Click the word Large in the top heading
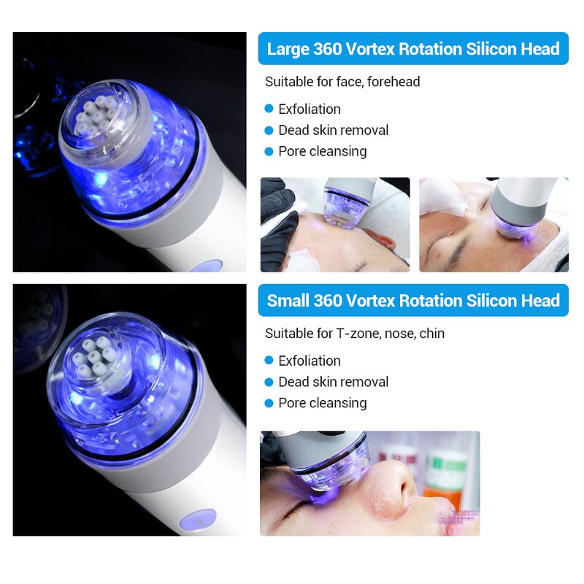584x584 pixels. [x=288, y=50]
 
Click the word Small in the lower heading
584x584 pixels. [x=288, y=301]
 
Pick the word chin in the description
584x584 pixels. [x=431, y=334]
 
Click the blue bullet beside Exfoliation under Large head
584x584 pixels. [x=269, y=109]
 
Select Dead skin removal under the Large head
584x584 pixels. [x=333, y=130]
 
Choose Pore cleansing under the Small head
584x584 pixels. [x=322, y=403]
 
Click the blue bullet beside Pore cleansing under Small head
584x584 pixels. [x=269, y=403]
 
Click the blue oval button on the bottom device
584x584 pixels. [x=199, y=516]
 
